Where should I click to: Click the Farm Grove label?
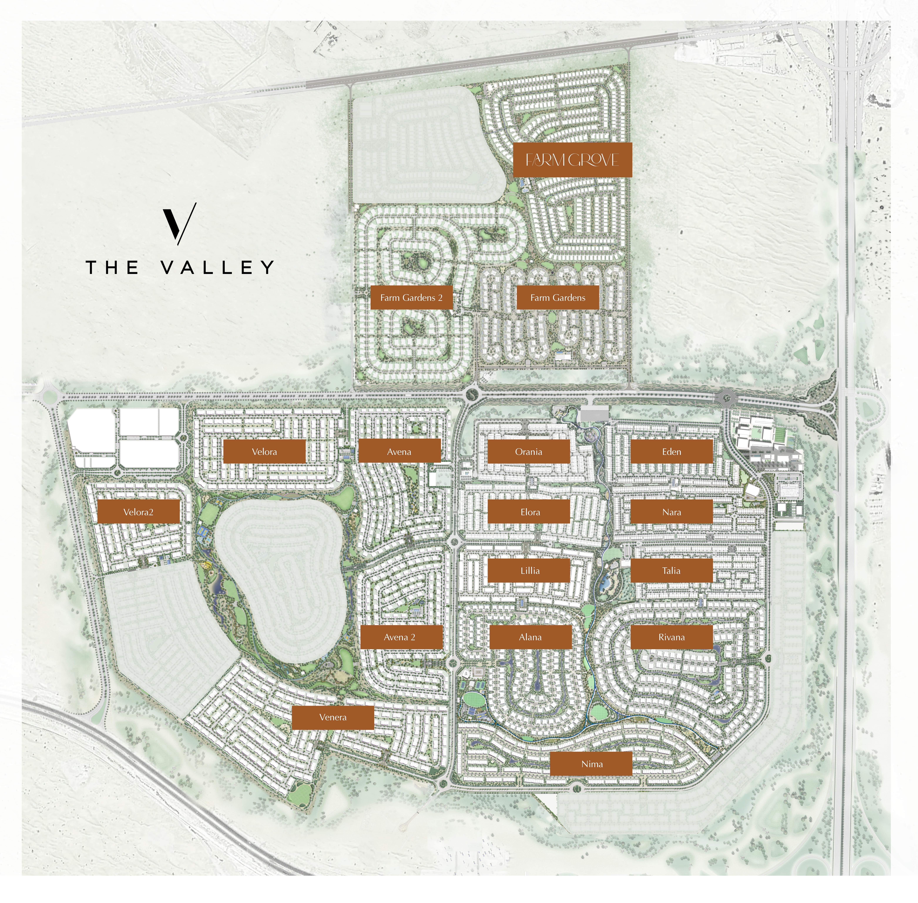(572, 160)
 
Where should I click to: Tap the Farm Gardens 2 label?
(411, 298)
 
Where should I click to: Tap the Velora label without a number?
(264, 451)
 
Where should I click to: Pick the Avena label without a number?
(399, 451)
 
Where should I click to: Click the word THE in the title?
(112, 267)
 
